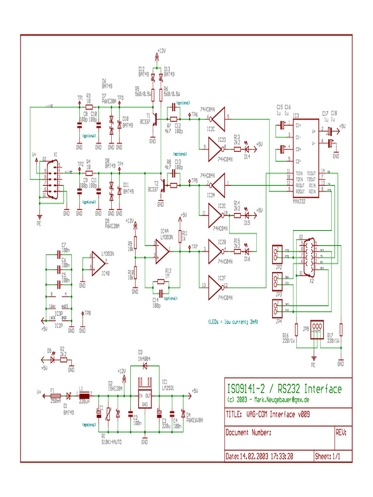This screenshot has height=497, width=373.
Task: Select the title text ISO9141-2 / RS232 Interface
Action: [x=284, y=389]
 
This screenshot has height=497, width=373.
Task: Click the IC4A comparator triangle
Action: [x=162, y=251]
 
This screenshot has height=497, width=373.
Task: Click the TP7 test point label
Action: [x=195, y=247]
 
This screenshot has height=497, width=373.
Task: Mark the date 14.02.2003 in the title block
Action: [x=260, y=456]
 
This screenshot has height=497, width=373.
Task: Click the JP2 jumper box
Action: [x=277, y=253]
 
